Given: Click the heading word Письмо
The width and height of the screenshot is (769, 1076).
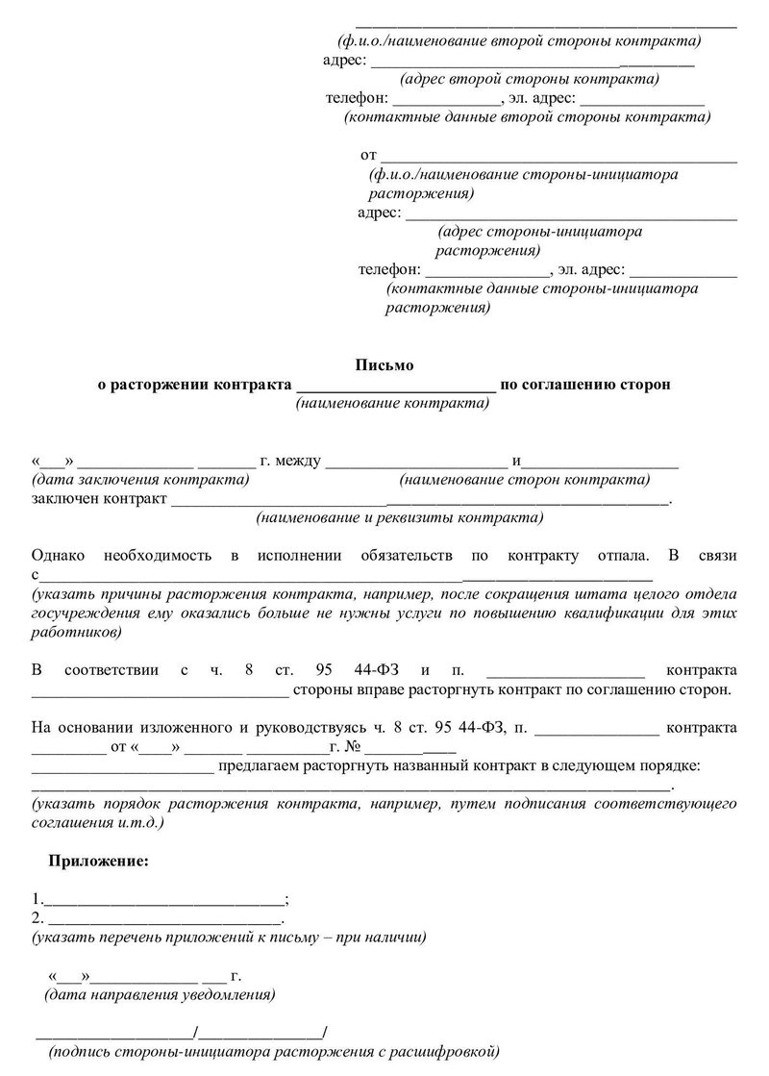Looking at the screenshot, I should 384,364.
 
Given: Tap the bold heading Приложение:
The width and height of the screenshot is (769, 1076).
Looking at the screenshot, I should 100,860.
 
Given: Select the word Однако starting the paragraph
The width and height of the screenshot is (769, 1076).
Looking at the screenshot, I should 59,556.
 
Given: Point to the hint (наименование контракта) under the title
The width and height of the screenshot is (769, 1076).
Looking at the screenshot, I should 392,404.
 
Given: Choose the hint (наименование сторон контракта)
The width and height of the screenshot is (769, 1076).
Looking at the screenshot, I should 525,479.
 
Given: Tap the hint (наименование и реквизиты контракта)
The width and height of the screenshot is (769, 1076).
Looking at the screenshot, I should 399,517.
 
